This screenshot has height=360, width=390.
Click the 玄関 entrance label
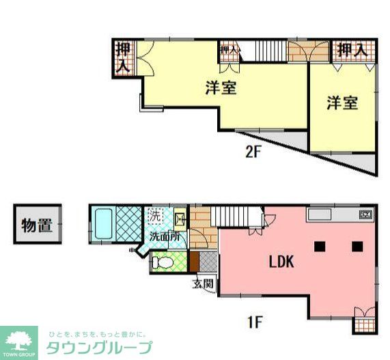[x=203, y=283]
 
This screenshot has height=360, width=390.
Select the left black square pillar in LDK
[x=319, y=245]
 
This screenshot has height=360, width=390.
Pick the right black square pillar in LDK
[x=357, y=245]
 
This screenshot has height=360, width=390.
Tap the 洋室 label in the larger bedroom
[x=220, y=87]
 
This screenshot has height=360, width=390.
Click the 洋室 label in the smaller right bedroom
[x=342, y=103]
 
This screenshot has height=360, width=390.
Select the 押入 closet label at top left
[x=123, y=57]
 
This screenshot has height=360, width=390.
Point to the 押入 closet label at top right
[x=352, y=51]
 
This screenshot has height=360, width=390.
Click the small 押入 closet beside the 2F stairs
[x=228, y=51]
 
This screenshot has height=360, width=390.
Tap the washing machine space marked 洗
[x=155, y=216]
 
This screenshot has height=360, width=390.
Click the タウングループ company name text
[x=99, y=346]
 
